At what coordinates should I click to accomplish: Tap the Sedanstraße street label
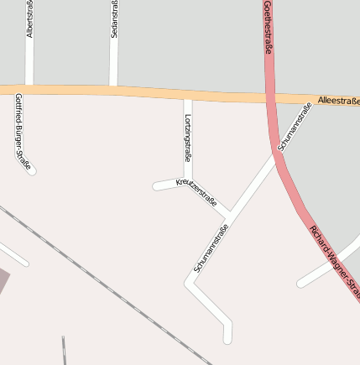click(x=114, y=18)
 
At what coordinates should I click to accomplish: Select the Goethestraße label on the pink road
click(x=268, y=28)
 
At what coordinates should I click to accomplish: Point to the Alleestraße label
click(x=338, y=101)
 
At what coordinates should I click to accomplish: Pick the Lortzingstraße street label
click(x=188, y=136)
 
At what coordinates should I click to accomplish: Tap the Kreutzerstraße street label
click(x=196, y=193)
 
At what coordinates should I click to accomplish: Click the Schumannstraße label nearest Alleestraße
click(x=295, y=126)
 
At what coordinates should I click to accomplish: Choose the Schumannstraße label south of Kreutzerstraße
click(x=211, y=248)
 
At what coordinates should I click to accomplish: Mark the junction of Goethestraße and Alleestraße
click(x=270, y=97)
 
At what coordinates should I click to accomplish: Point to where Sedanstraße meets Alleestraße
click(x=112, y=86)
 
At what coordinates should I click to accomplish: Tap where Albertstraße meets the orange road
click(x=29, y=86)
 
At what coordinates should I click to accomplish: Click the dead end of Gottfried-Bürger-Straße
click(x=32, y=170)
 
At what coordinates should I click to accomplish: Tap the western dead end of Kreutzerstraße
click(x=156, y=186)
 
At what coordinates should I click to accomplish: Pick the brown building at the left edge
click(x=4, y=282)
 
